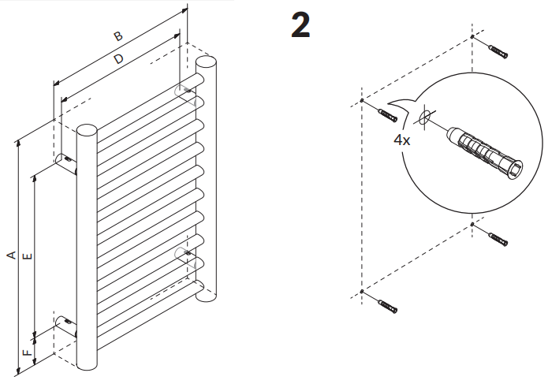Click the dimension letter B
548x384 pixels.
click(x=117, y=36)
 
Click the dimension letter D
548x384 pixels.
click(x=118, y=59)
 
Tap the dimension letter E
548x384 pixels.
click(x=28, y=255)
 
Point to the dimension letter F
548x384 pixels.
click(x=28, y=352)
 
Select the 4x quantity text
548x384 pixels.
click(x=402, y=140)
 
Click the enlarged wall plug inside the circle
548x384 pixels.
click(x=486, y=150)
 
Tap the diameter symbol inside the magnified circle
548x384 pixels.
click(x=425, y=119)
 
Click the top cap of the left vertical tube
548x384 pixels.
click(x=87, y=129)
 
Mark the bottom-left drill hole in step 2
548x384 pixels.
click(x=361, y=293)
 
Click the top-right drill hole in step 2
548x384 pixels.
click(x=472, y=38)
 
